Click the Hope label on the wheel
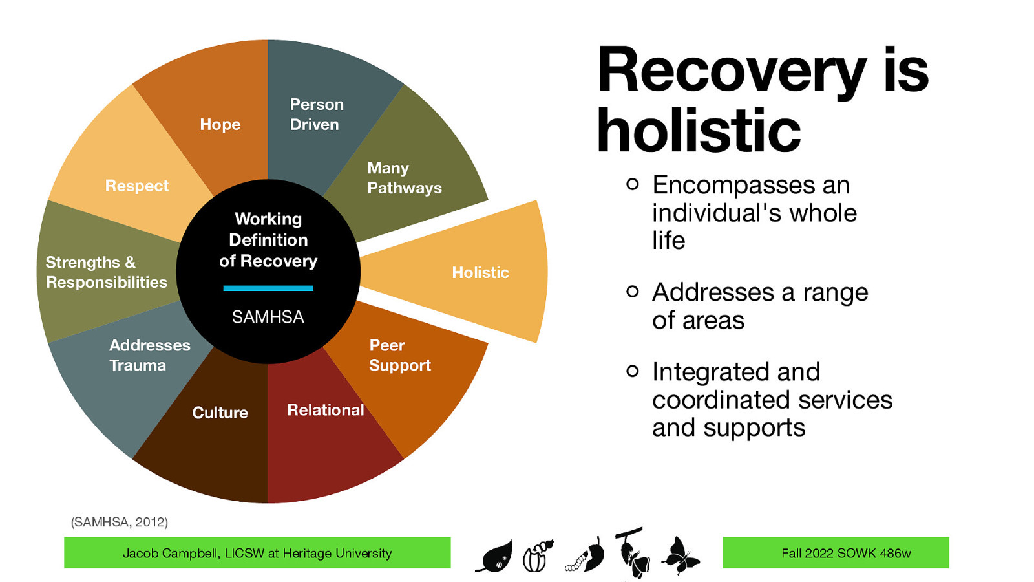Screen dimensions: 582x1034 220,124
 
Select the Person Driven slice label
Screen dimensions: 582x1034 316,114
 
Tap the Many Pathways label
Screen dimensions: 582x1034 404,178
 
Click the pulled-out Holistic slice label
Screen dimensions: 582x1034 480,272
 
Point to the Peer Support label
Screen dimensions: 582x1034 399,355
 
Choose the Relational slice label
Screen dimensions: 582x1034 325,410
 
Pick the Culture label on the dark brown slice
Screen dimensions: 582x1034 220,413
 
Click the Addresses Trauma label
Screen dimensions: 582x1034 149,355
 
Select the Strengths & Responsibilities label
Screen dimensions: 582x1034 106,272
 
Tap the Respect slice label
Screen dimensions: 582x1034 136,186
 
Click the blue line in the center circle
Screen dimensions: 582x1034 268,288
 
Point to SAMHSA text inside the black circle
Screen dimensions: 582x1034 268,317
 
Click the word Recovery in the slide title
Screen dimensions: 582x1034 730,71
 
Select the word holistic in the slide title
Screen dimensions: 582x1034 698,131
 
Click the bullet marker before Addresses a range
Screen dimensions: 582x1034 632,292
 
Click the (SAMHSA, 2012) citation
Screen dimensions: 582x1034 119,522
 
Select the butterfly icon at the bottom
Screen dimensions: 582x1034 680,555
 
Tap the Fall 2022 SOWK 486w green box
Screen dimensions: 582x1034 835,553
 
